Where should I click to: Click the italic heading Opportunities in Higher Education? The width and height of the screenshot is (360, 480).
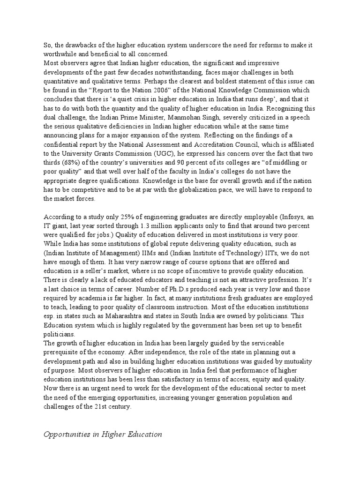(x=103, y=434)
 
